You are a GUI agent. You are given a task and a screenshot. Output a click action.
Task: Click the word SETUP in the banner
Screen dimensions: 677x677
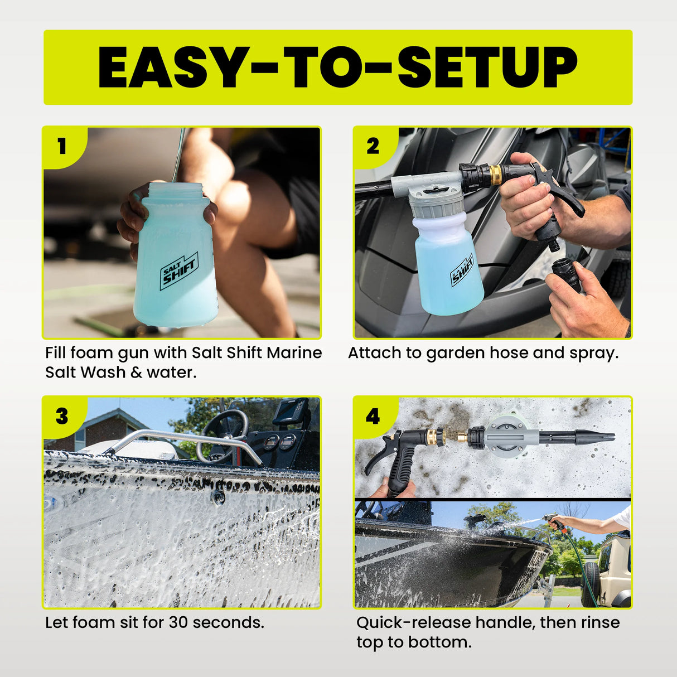pyautogui.click(x=487, y=67)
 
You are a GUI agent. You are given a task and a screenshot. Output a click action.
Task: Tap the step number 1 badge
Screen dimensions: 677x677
pyautogui.click(x=62, y=146)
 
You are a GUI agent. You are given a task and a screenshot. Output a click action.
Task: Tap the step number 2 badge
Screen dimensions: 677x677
pyautogui.click(x=373, y=146)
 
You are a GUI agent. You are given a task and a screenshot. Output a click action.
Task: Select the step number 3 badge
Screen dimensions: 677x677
pyautogui.click(x=62, y=416)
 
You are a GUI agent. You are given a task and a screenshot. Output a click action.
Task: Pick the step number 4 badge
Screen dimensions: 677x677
pyautogui.click(x=373, y=416)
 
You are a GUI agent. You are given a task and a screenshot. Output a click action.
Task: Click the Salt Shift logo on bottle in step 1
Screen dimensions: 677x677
pyautogui.click(x=179, y=271)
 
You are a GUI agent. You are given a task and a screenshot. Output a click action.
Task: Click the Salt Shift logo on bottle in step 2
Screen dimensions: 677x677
pyautogui.click(x=462, y=270)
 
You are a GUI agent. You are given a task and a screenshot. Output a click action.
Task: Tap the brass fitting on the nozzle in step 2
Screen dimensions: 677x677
pyautogui.click(x=495, y=175)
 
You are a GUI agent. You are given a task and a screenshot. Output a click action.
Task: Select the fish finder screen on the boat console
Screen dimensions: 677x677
pyautogui.click(x=291, y=412)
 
